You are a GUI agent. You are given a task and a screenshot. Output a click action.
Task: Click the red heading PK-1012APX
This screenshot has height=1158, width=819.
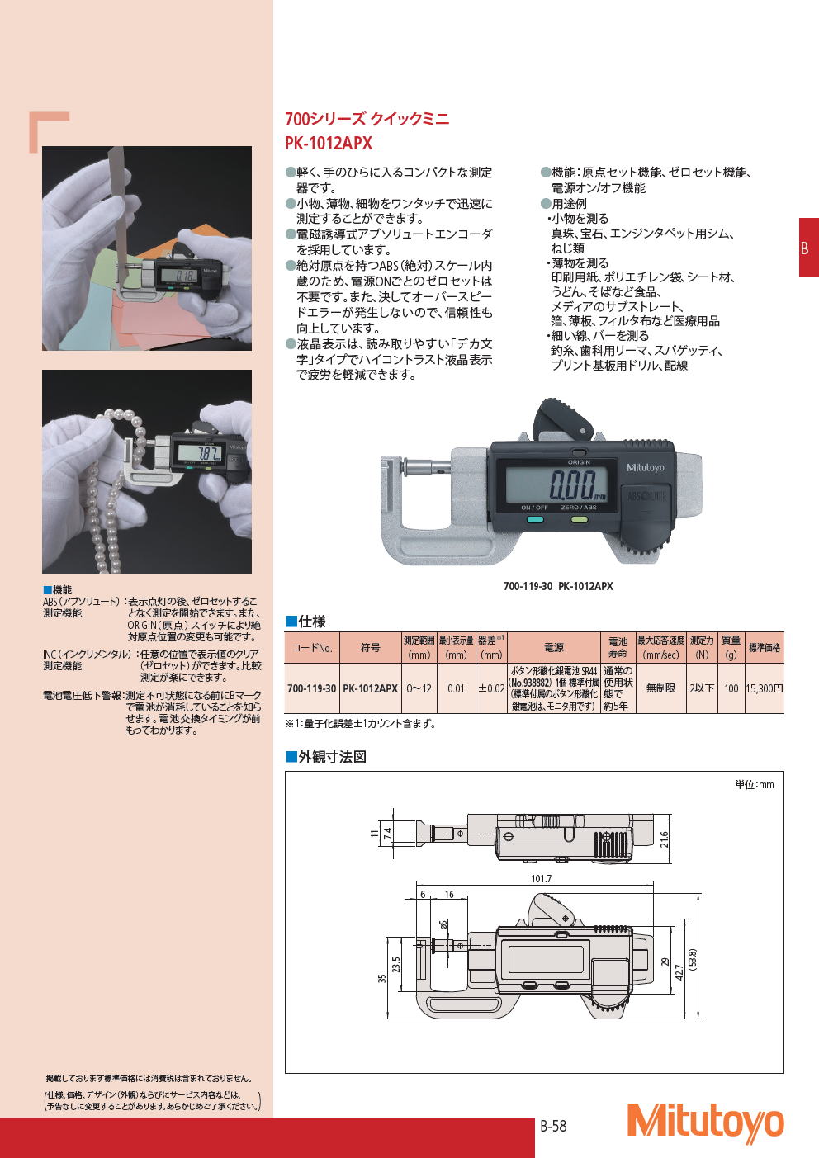pyautogui.click(x=329, y=143)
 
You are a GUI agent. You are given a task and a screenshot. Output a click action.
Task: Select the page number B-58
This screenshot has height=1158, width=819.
pyautogui.click(x=553, y=1126)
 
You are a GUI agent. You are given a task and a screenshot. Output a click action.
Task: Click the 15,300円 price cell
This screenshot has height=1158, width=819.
pyautogui.click(x=765, y=688)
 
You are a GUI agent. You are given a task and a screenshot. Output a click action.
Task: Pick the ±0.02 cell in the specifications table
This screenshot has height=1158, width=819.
pyautogui.click(x=491, y=688)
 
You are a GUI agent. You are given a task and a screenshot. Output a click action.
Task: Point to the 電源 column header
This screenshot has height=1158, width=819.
pyautogui.click(x=553, y=647)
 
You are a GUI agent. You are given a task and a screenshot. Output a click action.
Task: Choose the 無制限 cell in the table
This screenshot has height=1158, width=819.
pyautogui.click(x=660, y=688)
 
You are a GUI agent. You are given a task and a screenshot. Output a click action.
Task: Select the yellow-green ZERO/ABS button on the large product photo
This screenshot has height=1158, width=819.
pyautogui.click(x=579, y=519)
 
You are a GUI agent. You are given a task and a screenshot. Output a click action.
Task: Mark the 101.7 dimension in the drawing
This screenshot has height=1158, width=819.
pyautogui.click(x=542, y=878)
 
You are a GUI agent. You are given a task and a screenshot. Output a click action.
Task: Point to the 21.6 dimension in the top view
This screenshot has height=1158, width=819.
pyautogui.click(x=664, y=839)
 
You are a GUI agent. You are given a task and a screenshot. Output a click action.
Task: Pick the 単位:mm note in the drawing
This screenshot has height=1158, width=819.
pyautogui.click(x=755, y=785)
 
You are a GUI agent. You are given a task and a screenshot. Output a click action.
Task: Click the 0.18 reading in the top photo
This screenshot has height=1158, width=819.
pyautogui.click(x=182, y=275)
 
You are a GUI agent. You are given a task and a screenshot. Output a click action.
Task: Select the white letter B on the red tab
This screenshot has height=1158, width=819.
pyautogui.click(x=804, y=248)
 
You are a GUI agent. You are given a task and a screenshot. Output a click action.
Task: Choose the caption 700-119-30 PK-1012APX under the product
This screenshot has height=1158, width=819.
pyautogui.click(x=558, y=586)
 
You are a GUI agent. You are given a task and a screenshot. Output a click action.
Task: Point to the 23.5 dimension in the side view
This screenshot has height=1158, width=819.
pyautogui.click(x=396, y=965)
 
